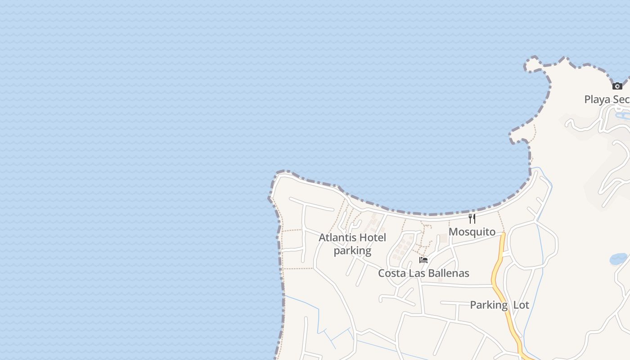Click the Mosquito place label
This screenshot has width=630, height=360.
[472, 232]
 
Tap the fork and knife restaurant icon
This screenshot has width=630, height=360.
[472, 219]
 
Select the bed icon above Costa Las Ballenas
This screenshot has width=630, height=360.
[423, 260]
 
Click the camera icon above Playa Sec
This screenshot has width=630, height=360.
[617, 86]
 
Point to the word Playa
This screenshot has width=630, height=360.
[597, 99]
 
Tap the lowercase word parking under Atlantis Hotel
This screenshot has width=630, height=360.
[352, 251]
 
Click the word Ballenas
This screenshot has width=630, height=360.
[448, 273]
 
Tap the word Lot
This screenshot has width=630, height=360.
[521, 305]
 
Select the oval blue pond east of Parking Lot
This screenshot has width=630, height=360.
[618, 259]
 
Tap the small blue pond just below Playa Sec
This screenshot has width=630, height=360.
[623, 116]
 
